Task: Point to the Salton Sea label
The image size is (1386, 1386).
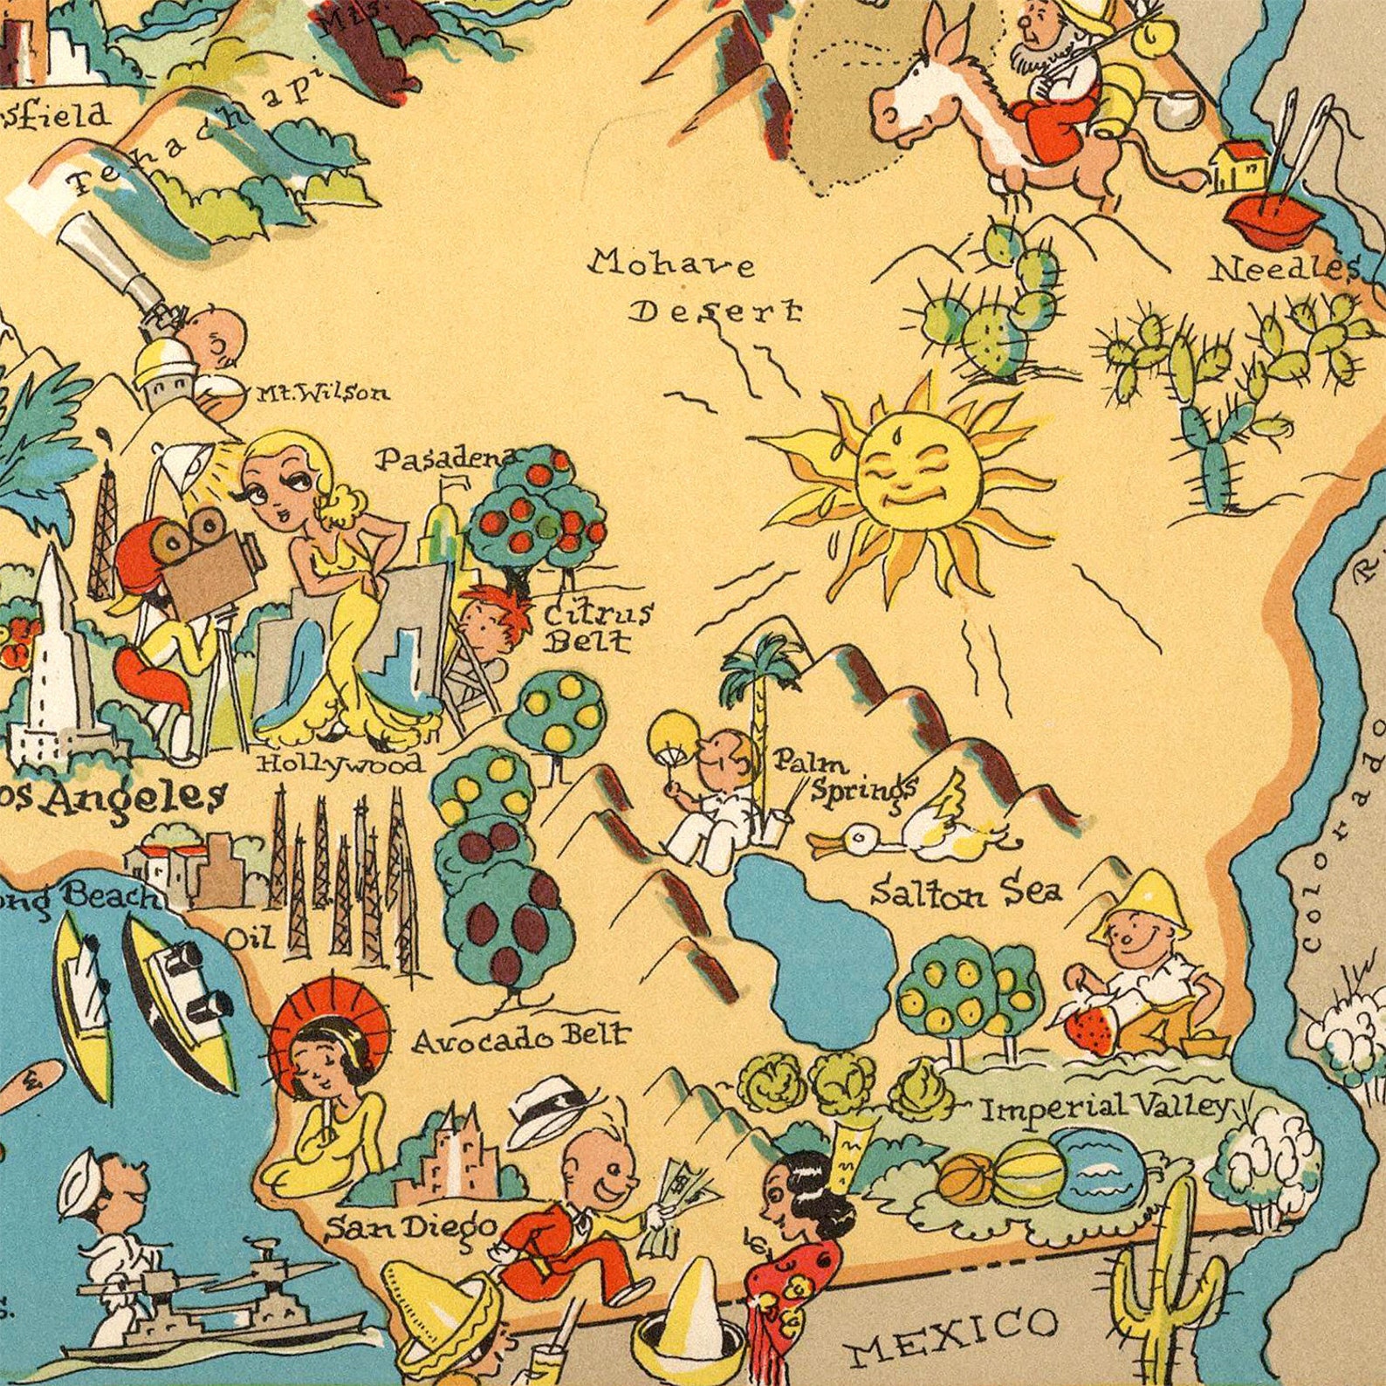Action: point(967,891)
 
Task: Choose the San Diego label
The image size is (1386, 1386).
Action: point(411,1227)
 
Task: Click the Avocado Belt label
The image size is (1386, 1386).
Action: point(520,1038)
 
